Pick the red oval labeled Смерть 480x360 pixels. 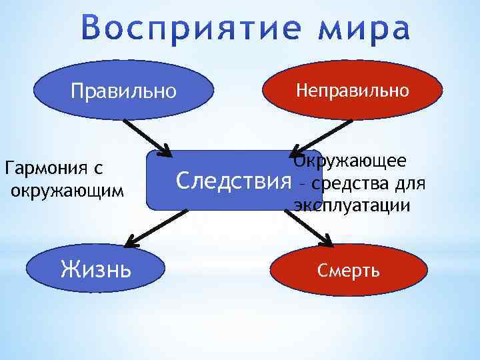pyautogui.click(x=349, y=270)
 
